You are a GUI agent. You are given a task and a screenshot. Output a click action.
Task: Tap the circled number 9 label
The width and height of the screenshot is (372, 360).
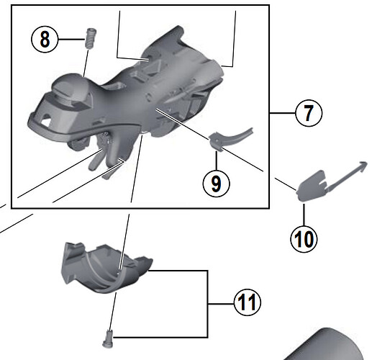coord(216,181)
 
